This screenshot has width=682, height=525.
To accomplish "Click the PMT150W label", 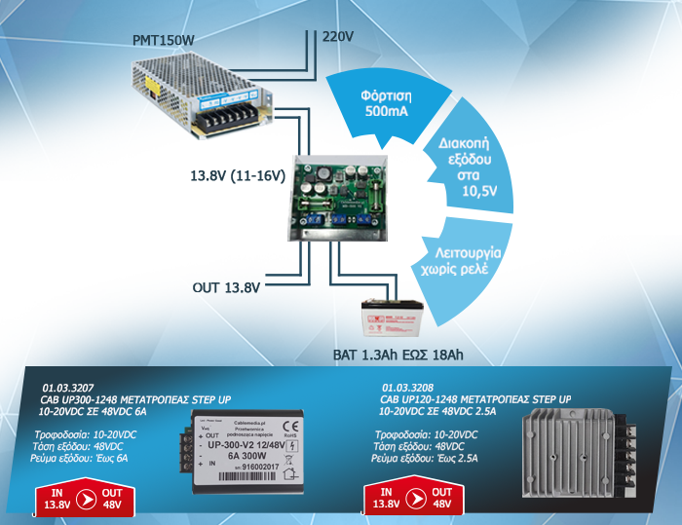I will point(164,40).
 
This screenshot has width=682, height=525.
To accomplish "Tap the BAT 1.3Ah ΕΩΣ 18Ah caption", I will point(394,355).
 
